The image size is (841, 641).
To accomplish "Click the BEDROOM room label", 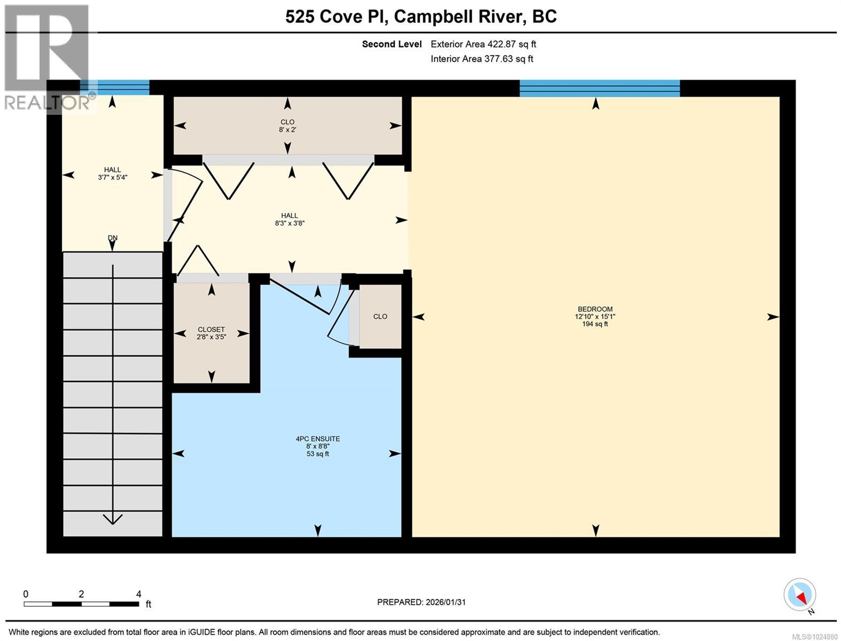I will pos(595,309).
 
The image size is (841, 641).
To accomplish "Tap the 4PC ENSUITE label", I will pos(318,439).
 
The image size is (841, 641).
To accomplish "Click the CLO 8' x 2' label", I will pos(287,126).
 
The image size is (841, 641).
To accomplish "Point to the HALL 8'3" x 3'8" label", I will pos(290,220).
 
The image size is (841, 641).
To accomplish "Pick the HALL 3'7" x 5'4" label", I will pos(112,174).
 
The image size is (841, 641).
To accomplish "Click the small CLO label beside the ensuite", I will pos(380,317).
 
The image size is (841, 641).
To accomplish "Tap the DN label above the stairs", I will pos(112,238).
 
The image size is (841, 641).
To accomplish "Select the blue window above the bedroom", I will pos(599,88).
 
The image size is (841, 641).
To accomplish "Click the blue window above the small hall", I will pos(114,88).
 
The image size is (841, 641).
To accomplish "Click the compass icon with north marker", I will pos(800,595).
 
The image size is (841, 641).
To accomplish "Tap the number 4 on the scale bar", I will pos(138,594).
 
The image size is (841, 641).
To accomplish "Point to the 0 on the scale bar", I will pos(26,594).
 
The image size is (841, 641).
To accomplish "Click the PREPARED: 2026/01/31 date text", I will pos(421,602).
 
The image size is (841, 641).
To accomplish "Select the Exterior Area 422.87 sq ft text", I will pos(483,44).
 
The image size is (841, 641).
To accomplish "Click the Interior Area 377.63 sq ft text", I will pos(481,59).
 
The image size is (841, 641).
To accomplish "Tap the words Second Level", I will pos(392,44).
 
